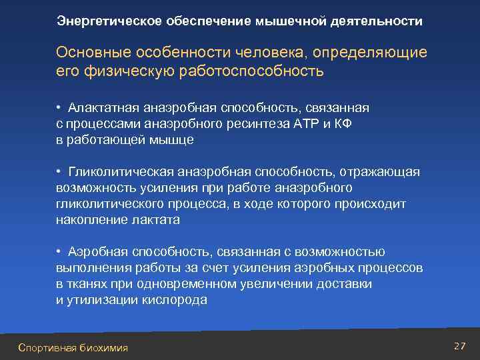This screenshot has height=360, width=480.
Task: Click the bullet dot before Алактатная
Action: pyautogui.click(x=59, y=108)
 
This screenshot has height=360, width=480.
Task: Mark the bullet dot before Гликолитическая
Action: pyautogui.click(x=59, y=173)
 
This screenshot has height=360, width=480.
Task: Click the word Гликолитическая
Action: pyautogui.click(x=116, y=173)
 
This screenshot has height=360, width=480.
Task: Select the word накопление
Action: pyautogui.click(x=88, y=219)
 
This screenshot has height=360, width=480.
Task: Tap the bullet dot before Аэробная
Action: pyautogui.click(x=59, y=251)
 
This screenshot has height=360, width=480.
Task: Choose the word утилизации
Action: pyautogui.click(x=103, y=299)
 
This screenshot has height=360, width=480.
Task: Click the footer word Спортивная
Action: pyautogui.click(x=47, y=347)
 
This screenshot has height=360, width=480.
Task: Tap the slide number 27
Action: pyautogui.click(x=459, y=346)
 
